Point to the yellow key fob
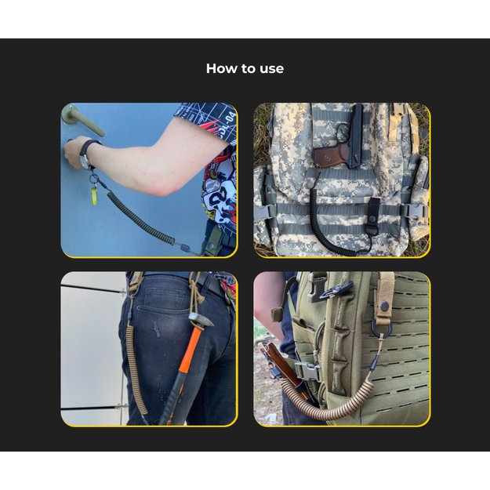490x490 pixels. coord(95,195)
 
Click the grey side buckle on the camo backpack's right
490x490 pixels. coord(414,210)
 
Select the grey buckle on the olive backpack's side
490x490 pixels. coord(307,370)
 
